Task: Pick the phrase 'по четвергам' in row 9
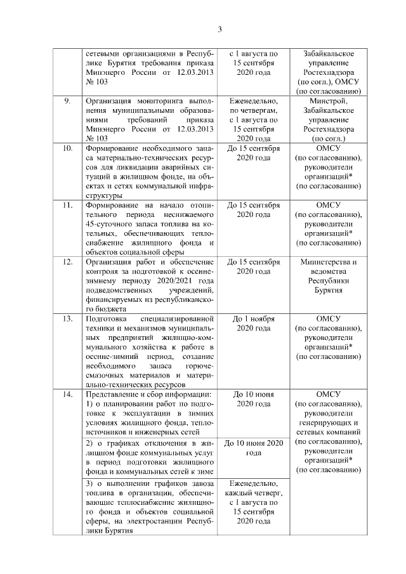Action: [x=254, y=110]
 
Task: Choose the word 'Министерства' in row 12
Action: [x=328, y=261]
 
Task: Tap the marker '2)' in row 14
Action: [x=89, y=442]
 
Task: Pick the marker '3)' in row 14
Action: [x=89, y=484]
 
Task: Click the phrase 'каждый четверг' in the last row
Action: [x=254, y=493]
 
